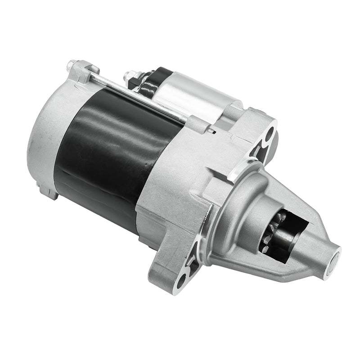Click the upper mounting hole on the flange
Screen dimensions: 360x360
(x=270, y=134)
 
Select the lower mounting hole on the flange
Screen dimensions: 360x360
(x=180, y=281)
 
